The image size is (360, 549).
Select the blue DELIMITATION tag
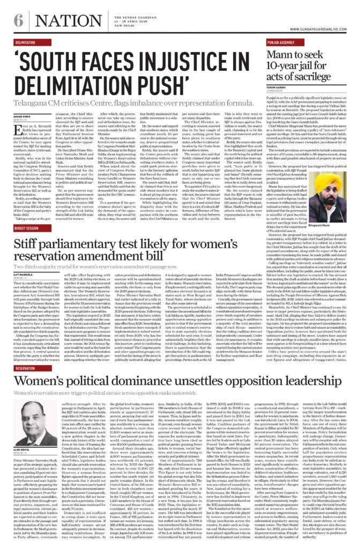(x=26, y=42)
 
